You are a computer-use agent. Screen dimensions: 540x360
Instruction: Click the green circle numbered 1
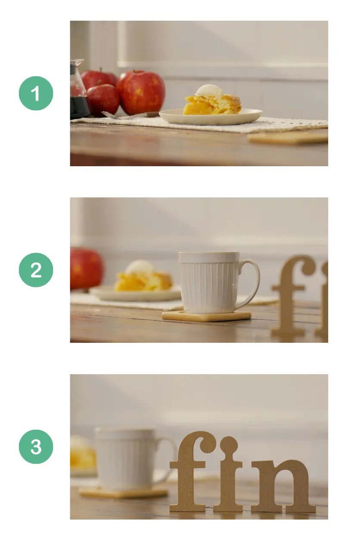[36, 93]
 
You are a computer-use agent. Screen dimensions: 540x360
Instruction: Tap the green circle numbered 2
[36, 270]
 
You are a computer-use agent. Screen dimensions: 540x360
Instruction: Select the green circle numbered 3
[36, 447]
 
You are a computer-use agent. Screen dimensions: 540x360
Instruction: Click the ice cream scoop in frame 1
[209, 91]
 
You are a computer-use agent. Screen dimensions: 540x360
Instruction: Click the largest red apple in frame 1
[141, 92]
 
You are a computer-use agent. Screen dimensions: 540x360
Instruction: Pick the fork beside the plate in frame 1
[125, 115]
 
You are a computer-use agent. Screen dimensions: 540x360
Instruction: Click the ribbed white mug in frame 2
[209, 282]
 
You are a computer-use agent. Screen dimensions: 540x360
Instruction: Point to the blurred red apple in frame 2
[86, 269]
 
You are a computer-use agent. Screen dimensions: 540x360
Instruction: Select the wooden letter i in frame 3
[228, 478]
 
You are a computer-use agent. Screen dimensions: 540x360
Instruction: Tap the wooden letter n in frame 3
[282, 487]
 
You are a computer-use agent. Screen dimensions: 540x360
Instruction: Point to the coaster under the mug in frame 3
[123, 493]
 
